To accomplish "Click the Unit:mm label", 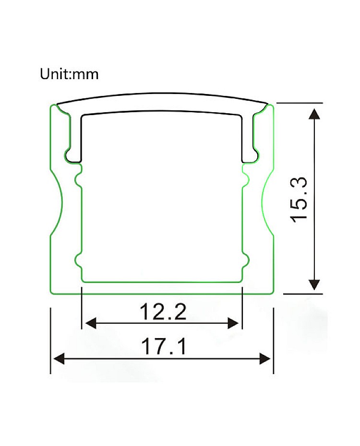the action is coord(69,74).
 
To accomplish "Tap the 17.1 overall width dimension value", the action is coord(164,346).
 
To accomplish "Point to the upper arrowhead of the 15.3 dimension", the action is coord(314,114).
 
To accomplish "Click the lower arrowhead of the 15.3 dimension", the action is coord(314,284).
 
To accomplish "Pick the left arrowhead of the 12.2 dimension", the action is coord(91,323).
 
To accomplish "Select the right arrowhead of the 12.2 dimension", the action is coord(233,323).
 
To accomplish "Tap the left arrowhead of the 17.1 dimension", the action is coord(59,358).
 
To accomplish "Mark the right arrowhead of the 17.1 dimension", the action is coord(264,358).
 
